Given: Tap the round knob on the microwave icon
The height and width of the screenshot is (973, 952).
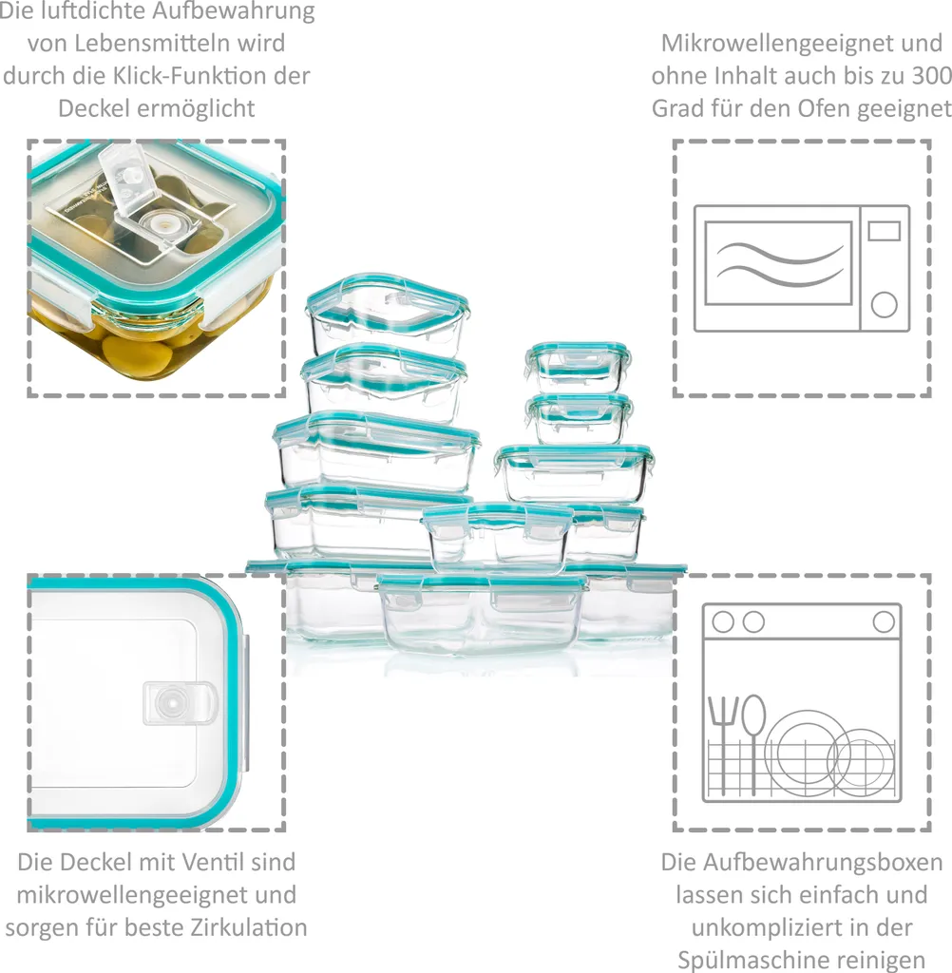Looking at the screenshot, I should click(884, 304).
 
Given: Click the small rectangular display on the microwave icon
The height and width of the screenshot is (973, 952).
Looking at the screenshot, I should click(884, 231).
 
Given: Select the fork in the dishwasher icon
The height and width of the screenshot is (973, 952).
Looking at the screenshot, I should click(724, 736).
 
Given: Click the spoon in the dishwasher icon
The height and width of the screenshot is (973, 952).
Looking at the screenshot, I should click(753, 732).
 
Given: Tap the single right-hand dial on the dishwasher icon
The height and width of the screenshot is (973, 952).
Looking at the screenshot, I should click(884, 622).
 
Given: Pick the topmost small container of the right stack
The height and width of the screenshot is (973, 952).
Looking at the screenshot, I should click(578, 366).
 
